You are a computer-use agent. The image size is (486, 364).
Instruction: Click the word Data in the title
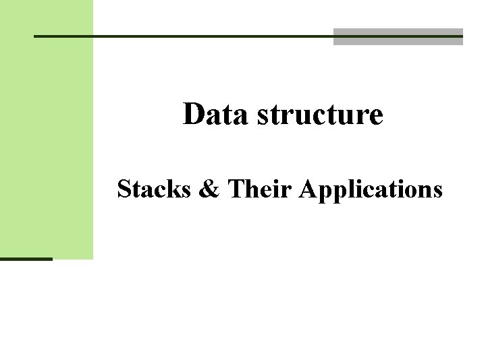[211, 115]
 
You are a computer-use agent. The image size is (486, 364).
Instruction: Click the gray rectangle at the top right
[398, 37]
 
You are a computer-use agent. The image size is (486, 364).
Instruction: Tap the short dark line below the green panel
[26, 259]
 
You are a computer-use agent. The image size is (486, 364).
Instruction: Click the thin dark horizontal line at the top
[182, 36]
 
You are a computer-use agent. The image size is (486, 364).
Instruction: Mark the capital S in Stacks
[124, 190]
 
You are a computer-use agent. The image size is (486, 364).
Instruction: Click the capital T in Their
[236, 190]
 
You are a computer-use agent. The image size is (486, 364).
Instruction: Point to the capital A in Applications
[305, 190]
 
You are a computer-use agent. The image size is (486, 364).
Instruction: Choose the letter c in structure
[327, 117]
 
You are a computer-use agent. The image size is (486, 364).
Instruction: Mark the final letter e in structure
[376, 117]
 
